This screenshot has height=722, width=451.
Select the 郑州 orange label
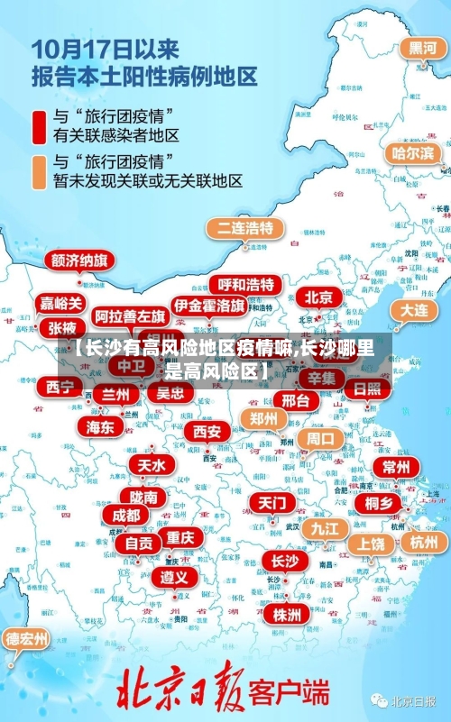(263, 418)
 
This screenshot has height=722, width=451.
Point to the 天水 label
(151, 465)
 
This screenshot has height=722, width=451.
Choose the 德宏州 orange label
(27, 639)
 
